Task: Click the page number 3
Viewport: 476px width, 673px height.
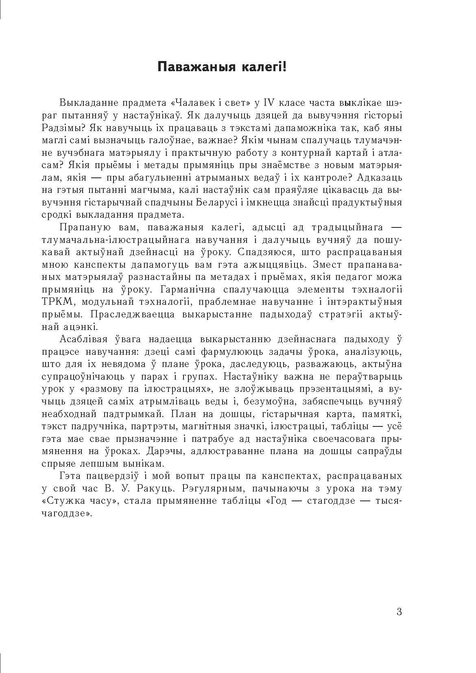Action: click(x=399, y=612)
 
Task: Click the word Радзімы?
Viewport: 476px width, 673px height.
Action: click(x=62, y=128)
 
